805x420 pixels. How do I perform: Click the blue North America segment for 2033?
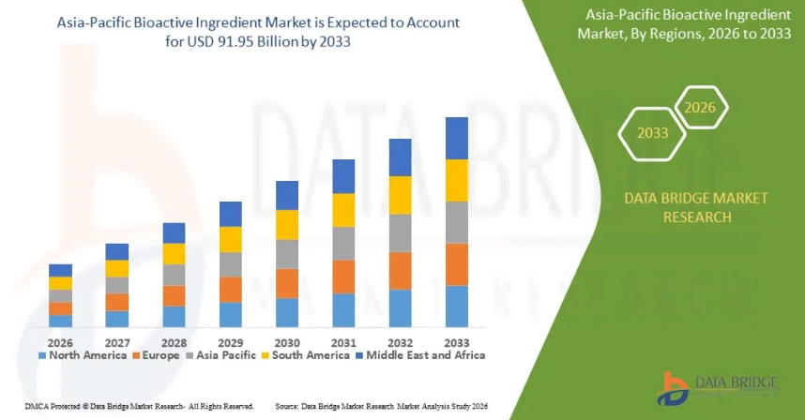click(457, 306)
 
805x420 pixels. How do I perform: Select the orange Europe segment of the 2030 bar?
click(287, 283)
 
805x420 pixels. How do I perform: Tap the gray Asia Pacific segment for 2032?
click(401, 232)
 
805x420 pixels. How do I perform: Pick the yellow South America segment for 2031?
click(344, 210)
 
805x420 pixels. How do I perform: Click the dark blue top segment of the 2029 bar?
click(231, 214)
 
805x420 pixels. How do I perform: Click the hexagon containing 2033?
click(653, 132)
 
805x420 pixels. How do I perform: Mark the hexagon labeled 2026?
click(699, 108)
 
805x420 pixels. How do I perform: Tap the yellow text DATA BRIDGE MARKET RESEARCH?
click(683, 207)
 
